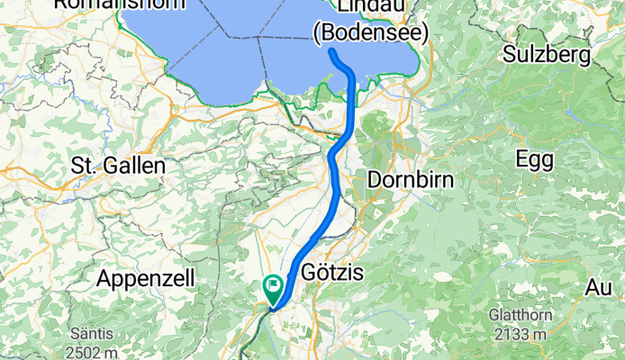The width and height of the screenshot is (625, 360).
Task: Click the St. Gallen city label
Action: point(117,166)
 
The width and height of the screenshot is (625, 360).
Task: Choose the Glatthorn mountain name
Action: point(517,317)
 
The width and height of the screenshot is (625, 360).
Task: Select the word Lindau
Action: point(370,6)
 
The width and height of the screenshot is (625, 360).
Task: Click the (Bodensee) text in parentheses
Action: point(370,31)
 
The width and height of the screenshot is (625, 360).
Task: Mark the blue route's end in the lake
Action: point(332,53)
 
